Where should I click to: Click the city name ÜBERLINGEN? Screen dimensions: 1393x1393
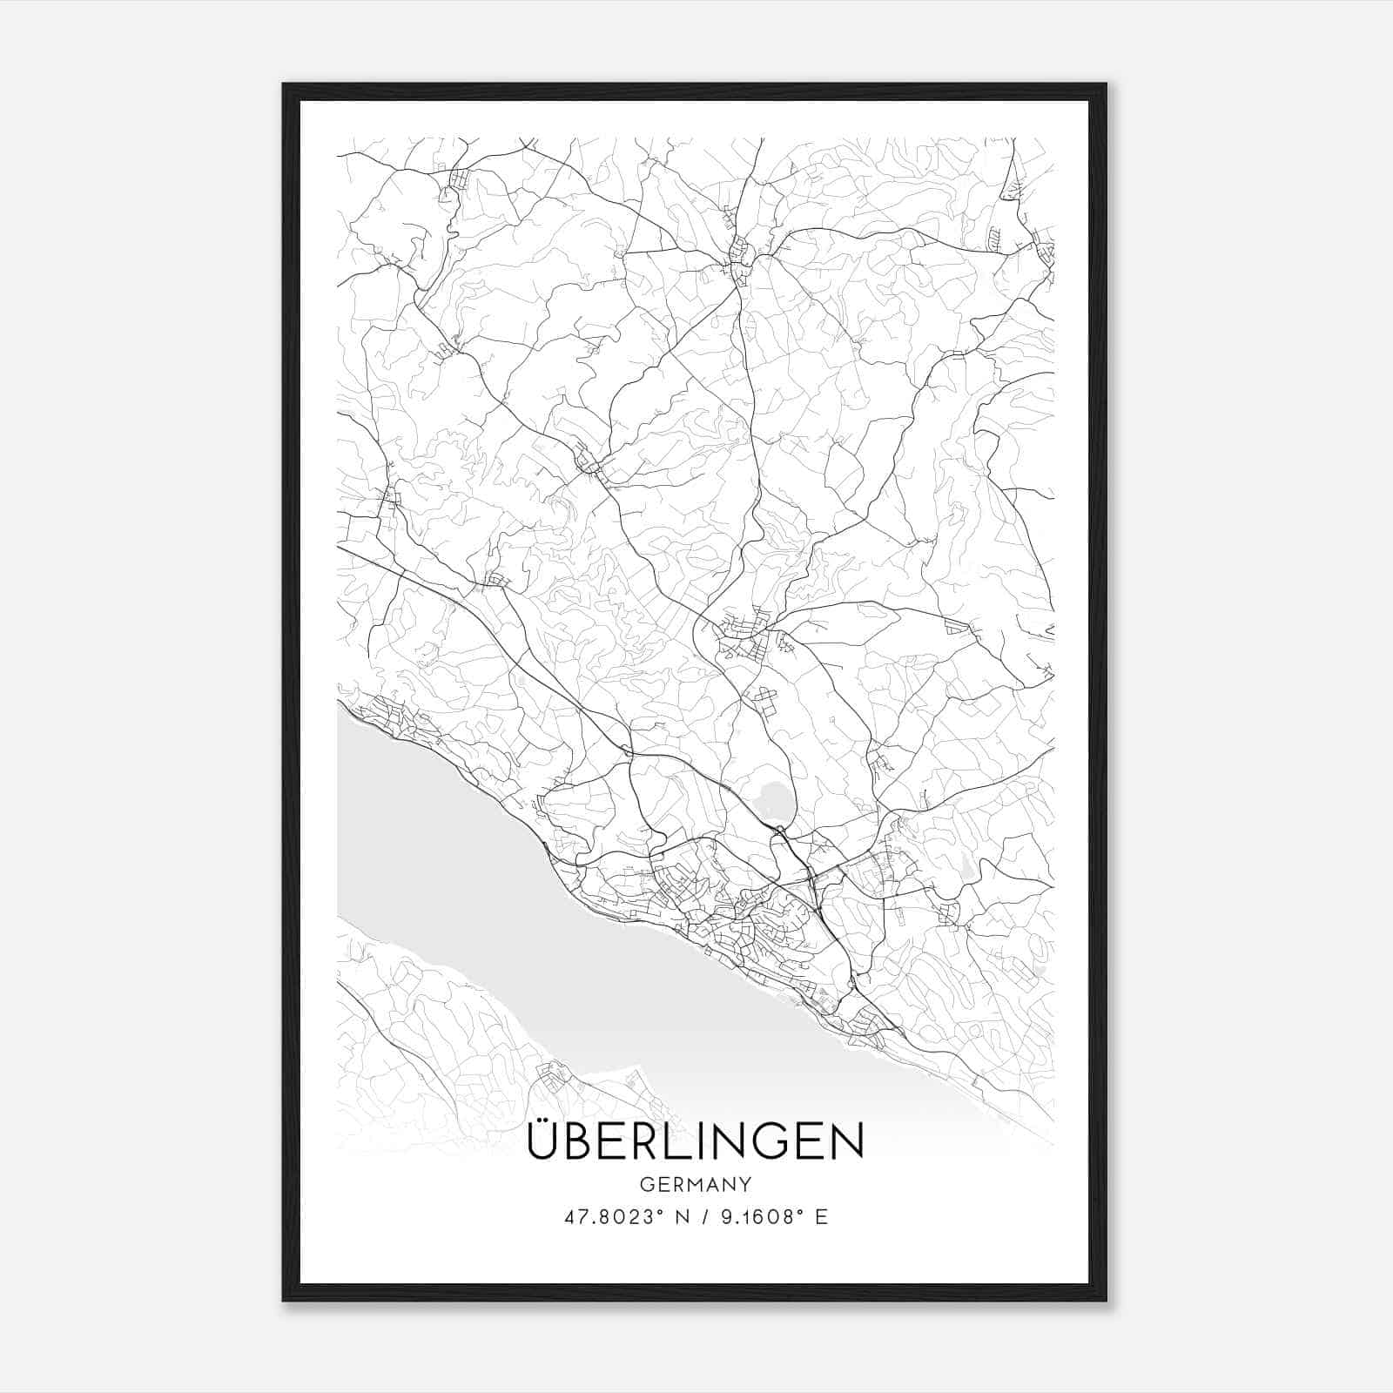point(695,1142)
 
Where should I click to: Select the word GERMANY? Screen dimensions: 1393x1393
point(696,1184)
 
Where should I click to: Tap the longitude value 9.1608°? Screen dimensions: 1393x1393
point(756,1216)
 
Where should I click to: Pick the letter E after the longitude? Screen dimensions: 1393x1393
point(821,1216)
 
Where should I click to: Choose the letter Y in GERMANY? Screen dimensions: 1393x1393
point(745,1184)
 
